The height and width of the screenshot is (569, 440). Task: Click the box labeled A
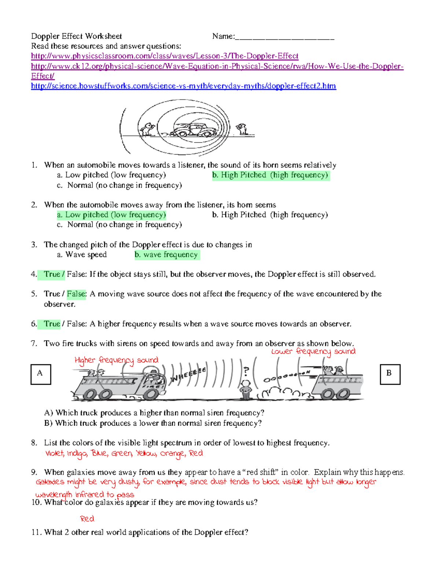coord(41,374)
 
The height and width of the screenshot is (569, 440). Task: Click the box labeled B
coord(390,374)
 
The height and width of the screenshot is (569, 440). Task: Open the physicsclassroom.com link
coord(165,56)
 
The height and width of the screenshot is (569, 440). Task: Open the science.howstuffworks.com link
coord(183,86)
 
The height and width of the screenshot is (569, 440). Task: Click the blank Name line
coord(285,37)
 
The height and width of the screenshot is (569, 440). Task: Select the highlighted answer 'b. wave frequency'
coord(167,255)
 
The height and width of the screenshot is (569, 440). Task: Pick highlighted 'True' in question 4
coord(52,274)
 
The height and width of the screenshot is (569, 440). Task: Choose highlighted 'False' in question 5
coord(76,294)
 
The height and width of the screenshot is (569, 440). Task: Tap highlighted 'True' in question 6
coord(52,324)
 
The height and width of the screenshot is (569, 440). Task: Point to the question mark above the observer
coord(246,372)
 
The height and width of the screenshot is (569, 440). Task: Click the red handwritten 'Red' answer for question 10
coord(87,519)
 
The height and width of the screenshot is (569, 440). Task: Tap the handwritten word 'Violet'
coord(55,454)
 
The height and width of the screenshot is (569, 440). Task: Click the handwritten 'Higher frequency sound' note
coord(117,361)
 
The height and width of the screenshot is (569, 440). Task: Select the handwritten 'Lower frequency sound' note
coord(313,352)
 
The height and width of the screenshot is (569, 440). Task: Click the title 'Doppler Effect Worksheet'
coord(76,36)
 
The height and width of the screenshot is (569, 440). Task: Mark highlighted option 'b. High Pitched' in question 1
coord(271,175)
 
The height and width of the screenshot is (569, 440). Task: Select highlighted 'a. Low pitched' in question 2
coord(111,215)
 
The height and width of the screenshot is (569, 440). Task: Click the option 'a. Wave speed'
coord(82,255)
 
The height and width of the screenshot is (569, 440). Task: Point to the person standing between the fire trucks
coord(245,389)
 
